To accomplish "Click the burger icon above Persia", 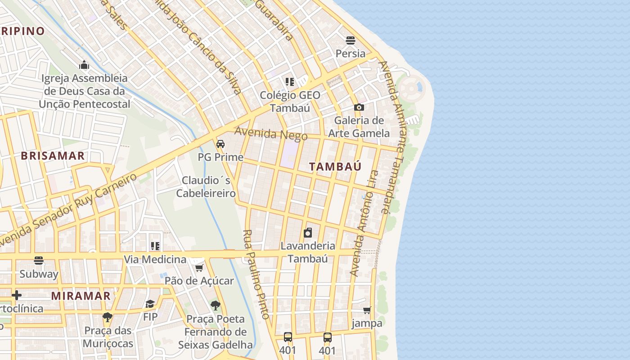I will [x=351, y=40].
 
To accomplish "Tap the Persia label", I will [x=351, y=54].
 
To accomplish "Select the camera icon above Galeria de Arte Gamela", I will [x=359, y=107].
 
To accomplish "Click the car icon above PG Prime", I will [x=220, y=144].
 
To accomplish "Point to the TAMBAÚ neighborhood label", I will [x=335, y=166].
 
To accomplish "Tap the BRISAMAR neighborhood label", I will [x=53, y=156].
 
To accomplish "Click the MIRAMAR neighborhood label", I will [x=81, y=296].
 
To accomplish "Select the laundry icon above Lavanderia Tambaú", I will [x=308, y=233].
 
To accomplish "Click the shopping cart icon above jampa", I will [x=367, y=310].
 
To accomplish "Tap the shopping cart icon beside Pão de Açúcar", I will [x=199, y=268].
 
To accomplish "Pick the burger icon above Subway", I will [x=39, y=261].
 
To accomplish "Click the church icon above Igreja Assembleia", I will [x=84, y=65].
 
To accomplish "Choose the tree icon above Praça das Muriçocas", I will [x=107, y=317].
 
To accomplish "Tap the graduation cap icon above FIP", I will [x=150, y=304].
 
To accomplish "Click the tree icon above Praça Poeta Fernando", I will [x=216, y=306].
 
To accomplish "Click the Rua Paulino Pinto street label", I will [x=256, y=274].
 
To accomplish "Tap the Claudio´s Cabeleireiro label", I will [x=206, y=187].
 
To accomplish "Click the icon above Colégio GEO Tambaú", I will [x=290, y=82].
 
